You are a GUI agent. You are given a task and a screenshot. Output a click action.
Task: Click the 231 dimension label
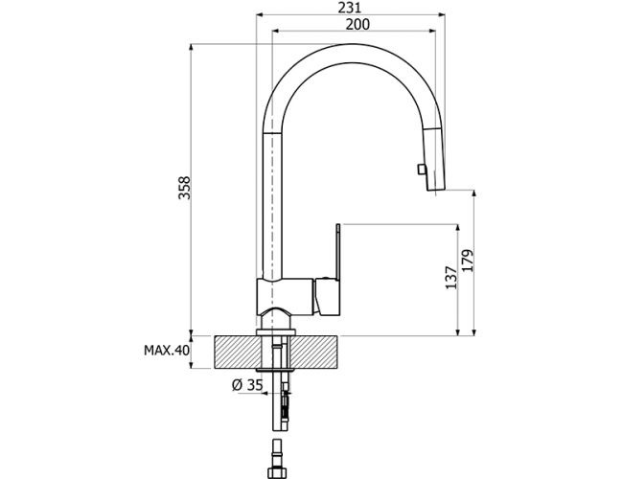pyautogui.click(x=350, y=7)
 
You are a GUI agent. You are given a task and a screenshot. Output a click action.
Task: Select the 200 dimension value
pyautogui.click(x=358, y=24)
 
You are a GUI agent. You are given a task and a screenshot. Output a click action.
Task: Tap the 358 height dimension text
pyautogui.click(x=184, y=188)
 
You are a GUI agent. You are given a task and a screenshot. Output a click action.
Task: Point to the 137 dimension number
pyautogui.click(x=451, y=278)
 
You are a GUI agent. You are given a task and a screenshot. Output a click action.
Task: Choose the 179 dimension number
pyautogui.click(x=468, y=261)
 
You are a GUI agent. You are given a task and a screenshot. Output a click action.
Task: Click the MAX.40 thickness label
pyautogui.click(x=167, y=351)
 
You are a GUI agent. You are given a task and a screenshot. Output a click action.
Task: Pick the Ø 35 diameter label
pyautogui.click(x=247, y=384)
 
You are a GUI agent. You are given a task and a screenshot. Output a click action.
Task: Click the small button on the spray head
pyautogui.click(x=420, y=170)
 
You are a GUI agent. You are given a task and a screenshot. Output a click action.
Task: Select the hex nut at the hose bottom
pyautogui.click(x=278, y=472)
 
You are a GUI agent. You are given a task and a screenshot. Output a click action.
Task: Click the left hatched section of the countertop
pyautogui.click(x=238, y=353)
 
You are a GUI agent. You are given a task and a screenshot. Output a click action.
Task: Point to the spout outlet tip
pyautogui.click(x=436, y=190)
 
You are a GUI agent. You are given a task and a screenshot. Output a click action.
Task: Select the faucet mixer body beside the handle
pyautogui.click(x=285, y=296)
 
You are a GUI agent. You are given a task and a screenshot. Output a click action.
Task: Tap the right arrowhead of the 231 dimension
pyautogui.click(x=442, y=15)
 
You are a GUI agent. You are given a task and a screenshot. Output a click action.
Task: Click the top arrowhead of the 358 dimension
pyautogui.click(x=191, y=48)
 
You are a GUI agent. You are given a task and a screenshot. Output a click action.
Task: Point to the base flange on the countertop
pyautogui.click(x=276, y=332)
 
